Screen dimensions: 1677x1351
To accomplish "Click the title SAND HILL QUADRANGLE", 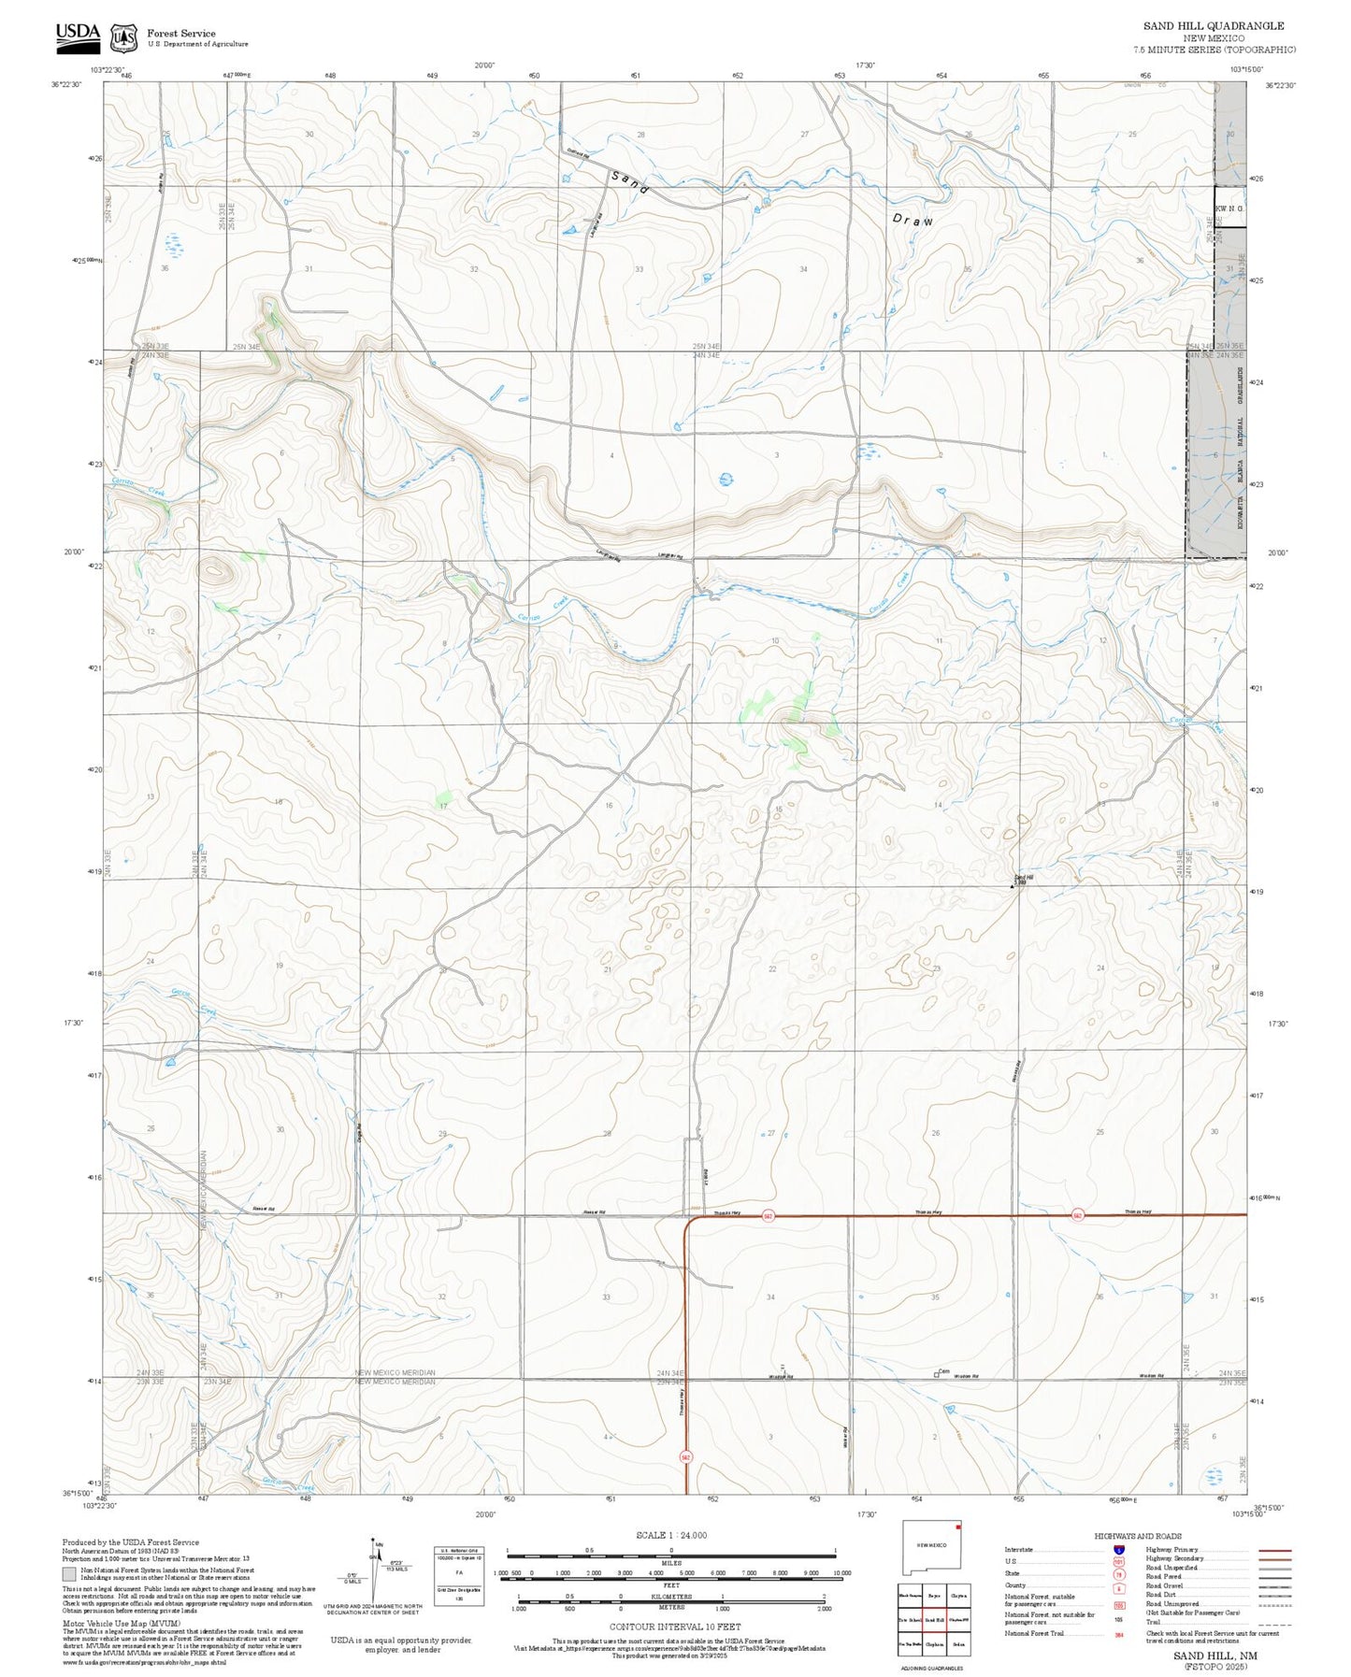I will coord(1213,26).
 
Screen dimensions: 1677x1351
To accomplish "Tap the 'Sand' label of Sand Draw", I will coord(630,181).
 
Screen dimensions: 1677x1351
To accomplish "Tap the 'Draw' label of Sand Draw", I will coord(913,221).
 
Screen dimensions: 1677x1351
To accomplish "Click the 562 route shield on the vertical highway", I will coord(685,1457).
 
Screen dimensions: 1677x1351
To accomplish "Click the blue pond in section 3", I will coord(726,480).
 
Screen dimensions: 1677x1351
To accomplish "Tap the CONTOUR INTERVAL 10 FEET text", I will coord(674,1627).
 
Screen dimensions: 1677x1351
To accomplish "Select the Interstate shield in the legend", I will coord(1118,1550).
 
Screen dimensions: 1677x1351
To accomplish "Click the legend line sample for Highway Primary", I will coord(1274,1550).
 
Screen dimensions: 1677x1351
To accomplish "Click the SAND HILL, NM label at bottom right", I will coord(1215,1655).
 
